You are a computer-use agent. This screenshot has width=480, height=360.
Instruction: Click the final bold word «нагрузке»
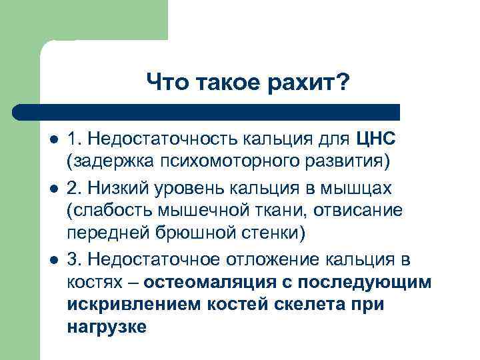pyautogui.click(x=107, y=327)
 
